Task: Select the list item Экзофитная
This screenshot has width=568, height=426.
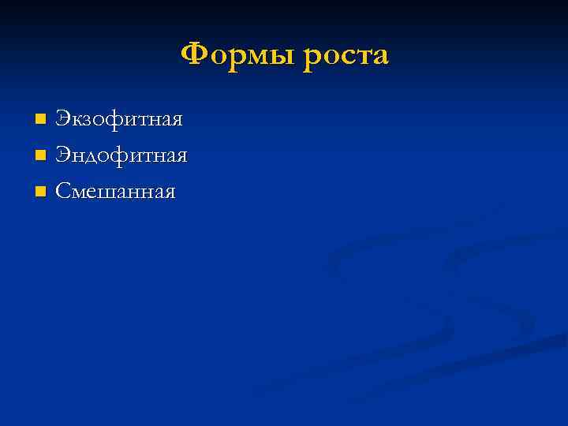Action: (118, 120)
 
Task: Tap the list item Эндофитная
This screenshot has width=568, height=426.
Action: (121, 155)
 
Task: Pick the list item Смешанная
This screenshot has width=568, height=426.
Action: (114, 191)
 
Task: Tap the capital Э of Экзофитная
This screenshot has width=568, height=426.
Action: (62, 120)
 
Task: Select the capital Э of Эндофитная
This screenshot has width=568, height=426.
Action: (62, 155)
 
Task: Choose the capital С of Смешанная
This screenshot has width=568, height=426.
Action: (62, 191)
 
